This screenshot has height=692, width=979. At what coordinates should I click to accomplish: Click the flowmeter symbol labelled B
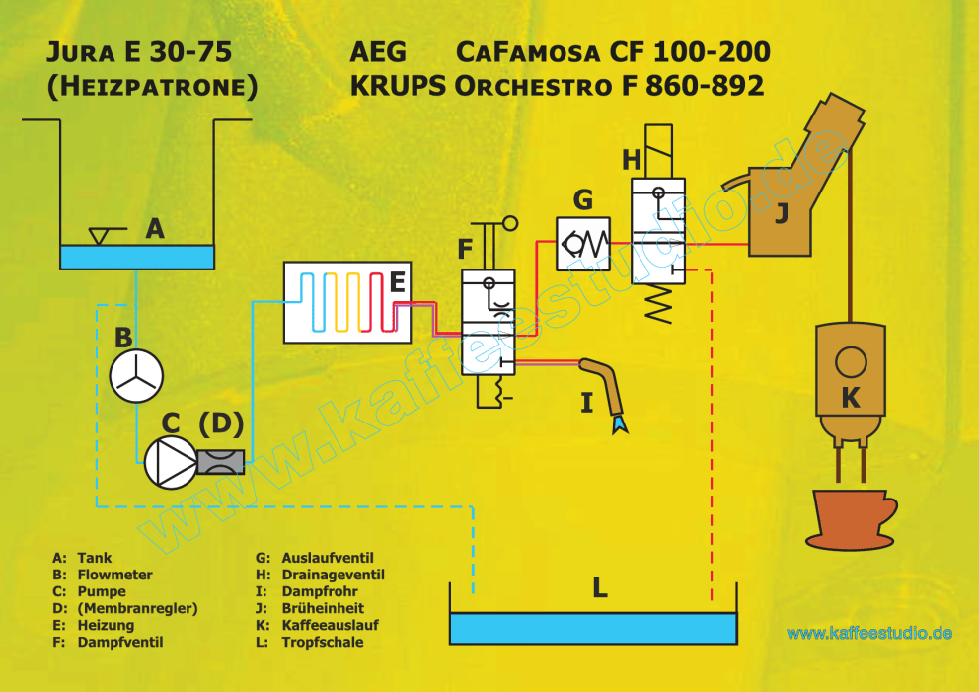(x=136, y=376)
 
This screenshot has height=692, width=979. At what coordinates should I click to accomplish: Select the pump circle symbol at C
(x=170, y=463)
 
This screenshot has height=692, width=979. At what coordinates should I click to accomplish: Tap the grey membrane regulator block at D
(x=220, y=462)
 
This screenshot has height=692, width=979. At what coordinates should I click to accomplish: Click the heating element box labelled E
(x=347, y=302)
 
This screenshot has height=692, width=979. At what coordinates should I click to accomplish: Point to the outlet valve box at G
(x=583, y=244)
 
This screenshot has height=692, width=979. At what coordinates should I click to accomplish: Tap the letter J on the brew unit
(x=781, y=212)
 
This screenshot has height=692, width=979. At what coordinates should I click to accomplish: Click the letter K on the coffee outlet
(x=851, y=397)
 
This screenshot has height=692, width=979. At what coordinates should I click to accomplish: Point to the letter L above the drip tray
(x=599, y=587)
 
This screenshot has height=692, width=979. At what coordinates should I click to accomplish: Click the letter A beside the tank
(x=155, y=229)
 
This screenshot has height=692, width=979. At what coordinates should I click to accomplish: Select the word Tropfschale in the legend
(x=322, y=642)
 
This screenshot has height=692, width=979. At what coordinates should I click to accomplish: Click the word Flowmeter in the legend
(x=114, y=575)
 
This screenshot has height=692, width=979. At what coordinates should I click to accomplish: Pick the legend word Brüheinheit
(x=323, y=608)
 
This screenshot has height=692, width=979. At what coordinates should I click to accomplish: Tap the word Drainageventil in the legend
(x=333, y=575)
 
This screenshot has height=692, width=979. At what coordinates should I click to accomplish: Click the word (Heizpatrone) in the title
(x=152, y=86)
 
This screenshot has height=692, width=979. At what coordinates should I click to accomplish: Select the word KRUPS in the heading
(x=398, y=86)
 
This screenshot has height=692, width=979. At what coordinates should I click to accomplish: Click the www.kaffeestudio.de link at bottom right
(x=869, y=634)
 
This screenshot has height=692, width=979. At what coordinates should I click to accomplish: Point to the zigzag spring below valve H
(x=658, y=303)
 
